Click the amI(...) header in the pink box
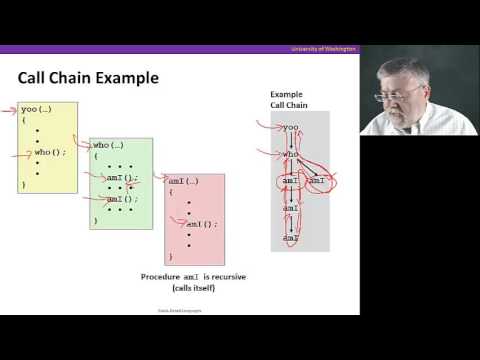coord(184,180)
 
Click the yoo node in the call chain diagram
coord(290,127)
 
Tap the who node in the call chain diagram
coord(290,154)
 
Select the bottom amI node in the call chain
coord(289,238)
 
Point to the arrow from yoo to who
coord(290,140)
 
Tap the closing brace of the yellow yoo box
coord(23,185)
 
